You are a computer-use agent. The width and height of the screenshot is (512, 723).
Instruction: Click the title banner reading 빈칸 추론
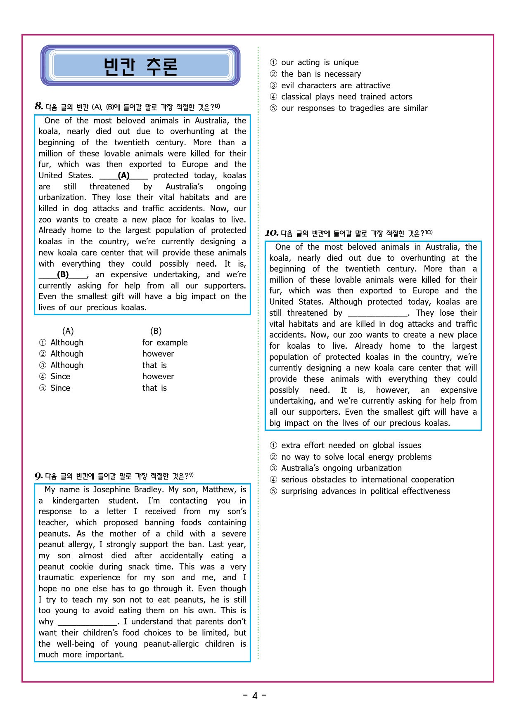click(140, 66)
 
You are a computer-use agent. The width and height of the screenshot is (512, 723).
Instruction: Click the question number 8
click(39, 106)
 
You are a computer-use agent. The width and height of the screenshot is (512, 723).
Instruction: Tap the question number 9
click(38, 476)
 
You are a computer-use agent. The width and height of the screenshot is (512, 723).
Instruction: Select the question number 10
click(271, 233)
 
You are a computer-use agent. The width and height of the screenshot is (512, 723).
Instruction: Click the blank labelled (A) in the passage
click(123, 176)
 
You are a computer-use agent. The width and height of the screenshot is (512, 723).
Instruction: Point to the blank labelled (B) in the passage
click(63, 275)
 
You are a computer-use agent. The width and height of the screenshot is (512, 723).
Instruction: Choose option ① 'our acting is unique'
click(320, 63)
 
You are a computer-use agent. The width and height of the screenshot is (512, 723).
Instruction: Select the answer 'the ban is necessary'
click(321, 74)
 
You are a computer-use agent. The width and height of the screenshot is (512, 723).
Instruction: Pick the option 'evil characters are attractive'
click(335, 86)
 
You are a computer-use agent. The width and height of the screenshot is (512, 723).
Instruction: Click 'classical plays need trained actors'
click(346, 97)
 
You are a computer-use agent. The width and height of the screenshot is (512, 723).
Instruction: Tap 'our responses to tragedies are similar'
click(354, 109)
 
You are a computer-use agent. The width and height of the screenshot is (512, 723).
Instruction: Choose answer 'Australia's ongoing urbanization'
click(341, 468)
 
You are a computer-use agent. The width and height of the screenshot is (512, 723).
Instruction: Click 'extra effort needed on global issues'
click(351, 446)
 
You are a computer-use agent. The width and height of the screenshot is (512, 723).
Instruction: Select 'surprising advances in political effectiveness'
click(365, 491)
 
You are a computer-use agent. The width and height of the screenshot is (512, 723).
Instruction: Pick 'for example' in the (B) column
click(165, 343)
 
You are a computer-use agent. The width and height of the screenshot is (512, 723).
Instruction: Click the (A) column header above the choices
click(68, 331)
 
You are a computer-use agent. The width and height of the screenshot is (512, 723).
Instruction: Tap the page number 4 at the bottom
click(255, 696)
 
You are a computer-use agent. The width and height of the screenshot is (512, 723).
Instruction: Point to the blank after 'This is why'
click(88, 622)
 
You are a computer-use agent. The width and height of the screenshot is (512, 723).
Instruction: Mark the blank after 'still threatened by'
click(377, 313)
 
